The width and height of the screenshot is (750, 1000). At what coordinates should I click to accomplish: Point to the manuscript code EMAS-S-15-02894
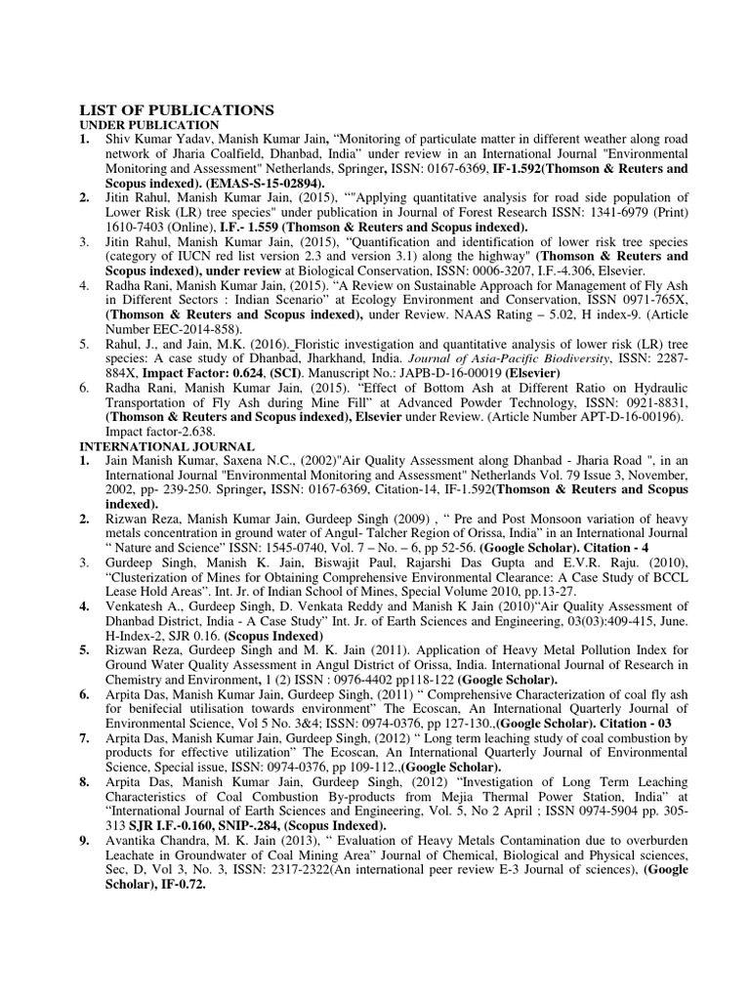click(x=276, y=183)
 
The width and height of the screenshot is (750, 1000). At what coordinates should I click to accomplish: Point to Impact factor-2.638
click(x=160, y=431)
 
